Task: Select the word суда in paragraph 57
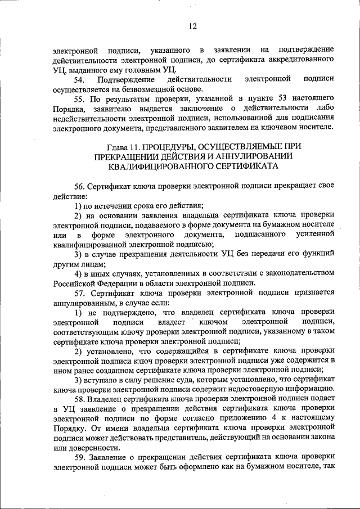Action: point(161,380)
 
